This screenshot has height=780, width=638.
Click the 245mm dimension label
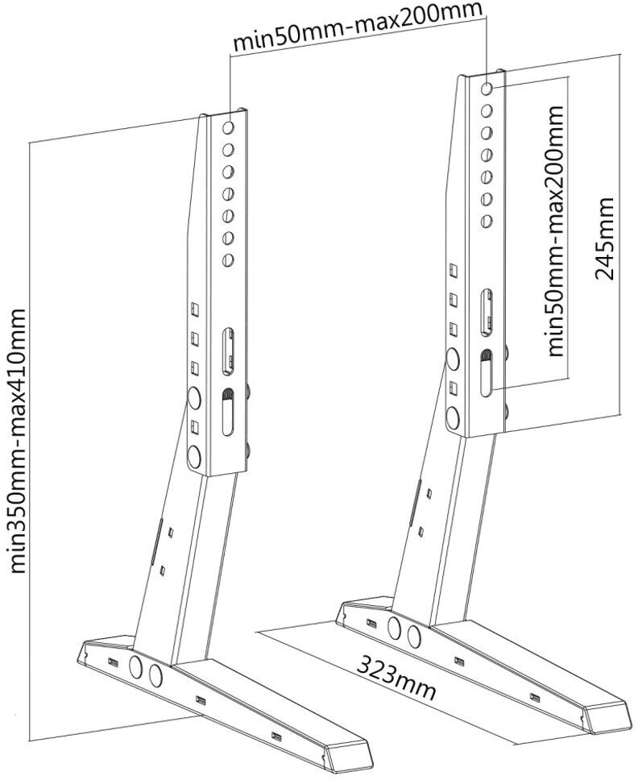coord(605,238)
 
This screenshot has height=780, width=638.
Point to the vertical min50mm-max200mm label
coord(554,230)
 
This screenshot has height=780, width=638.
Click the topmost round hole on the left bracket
coord(228,127)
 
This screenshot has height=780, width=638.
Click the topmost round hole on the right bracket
coord(487,87)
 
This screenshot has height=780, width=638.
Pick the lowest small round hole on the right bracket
coord(486,220)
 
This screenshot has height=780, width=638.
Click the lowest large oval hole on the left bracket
coord(193,455)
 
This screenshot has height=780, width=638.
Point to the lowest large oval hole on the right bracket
coord(452,417)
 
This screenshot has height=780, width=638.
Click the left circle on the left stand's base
coord(136,667)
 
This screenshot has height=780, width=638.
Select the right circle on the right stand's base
coord(414,637)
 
